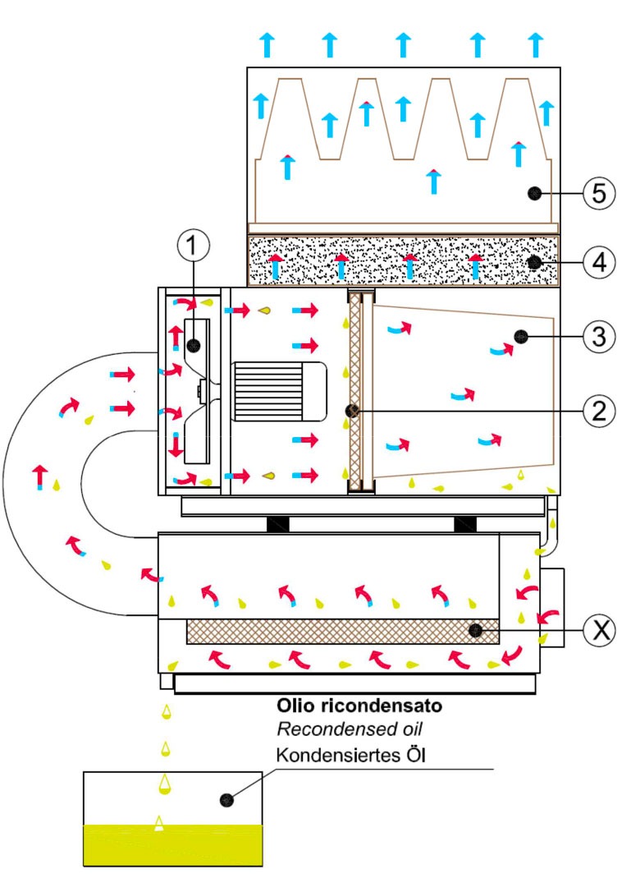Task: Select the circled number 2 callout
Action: click(599, 410)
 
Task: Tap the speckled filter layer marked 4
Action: click(402, 262)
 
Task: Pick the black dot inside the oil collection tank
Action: click(226, 798)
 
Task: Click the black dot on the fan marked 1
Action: click(194, 344)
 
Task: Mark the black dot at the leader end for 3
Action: click(519, 335)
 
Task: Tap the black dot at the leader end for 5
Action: click(534, 193)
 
